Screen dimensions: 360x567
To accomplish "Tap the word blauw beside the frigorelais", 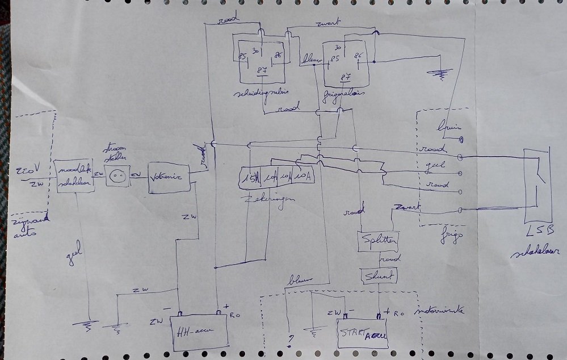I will [x=311, y=58].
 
